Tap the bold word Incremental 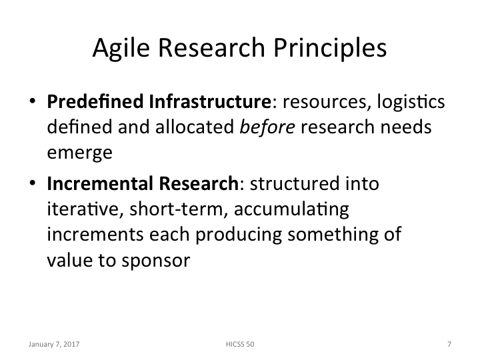point(90,183)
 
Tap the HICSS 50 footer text point(240,345)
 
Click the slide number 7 point(449,345)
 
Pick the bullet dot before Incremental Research point(32,184)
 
